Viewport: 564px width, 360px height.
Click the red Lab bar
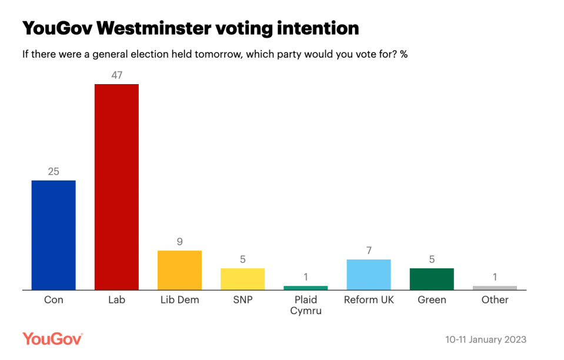[116, 187]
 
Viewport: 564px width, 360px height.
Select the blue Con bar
[54, 235]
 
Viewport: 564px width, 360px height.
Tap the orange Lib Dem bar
[179, 271]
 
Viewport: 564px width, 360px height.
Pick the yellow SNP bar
[242, 279]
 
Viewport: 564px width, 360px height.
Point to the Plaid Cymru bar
[305, 288]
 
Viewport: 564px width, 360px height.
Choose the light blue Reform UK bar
[369, 275]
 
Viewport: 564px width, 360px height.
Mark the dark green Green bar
[432, 279]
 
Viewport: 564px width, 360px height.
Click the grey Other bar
[495, 288]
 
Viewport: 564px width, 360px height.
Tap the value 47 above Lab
[116, 75]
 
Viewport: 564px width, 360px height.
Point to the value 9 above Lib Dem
[179, 241]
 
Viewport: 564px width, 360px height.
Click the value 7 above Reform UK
[369, 250]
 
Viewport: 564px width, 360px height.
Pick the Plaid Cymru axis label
[305, 305]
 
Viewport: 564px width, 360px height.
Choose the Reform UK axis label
[369, 300]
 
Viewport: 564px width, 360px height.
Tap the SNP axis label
[242, 300]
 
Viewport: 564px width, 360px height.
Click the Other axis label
[495, 300]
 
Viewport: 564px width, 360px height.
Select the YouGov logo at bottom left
[52, 339]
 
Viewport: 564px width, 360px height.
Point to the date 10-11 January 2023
[486, 340]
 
